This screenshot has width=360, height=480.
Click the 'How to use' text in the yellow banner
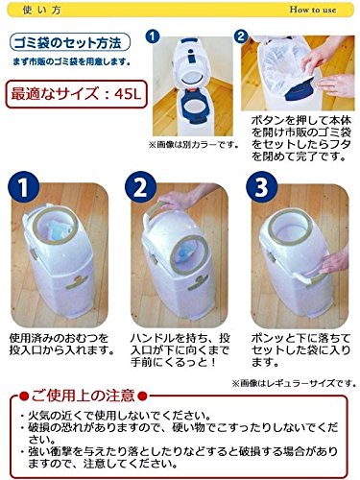point(313,10)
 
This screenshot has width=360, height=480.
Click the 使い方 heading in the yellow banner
point(42,11)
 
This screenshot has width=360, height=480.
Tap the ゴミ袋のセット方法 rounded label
point(70,43)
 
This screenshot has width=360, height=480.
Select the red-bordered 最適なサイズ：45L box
point(77,94)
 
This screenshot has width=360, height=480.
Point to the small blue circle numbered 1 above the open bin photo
point(153,36)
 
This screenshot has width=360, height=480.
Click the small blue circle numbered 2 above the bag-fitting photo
point(241,36)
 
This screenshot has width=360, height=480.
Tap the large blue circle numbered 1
point(23,187)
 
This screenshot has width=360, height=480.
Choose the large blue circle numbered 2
point(140,187)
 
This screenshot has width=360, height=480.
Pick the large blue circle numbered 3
point(261,187)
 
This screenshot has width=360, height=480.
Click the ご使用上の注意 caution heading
point(83,396)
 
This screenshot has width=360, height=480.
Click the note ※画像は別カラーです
point(194,145)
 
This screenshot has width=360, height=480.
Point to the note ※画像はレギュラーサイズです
point(294,383)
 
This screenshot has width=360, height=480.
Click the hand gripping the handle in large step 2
point(176,200)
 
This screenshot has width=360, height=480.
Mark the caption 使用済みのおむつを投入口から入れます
point(61,345)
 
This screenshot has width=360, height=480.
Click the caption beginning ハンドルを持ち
point(180,350)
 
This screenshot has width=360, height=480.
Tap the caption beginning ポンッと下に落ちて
point(300,350)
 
